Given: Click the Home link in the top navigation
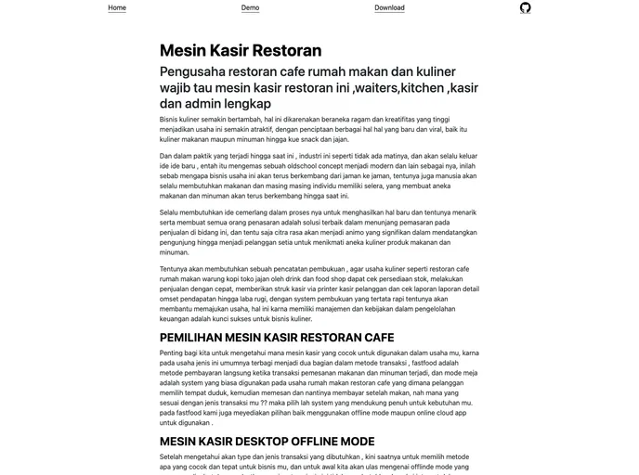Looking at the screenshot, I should pos(117,7).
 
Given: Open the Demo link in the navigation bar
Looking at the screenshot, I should pos(250,7).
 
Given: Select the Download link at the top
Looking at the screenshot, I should pos(389,7).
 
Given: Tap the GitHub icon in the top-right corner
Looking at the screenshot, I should pos(525,7).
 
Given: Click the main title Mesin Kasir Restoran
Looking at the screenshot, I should pos(241,50).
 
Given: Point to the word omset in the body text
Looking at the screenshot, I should pos(170,299).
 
